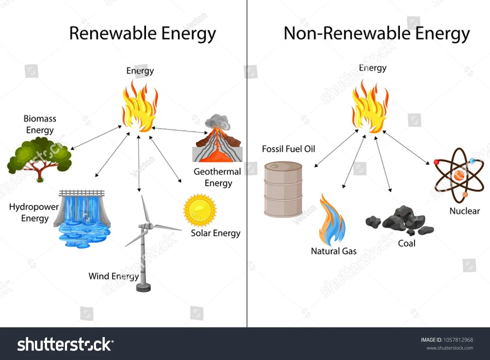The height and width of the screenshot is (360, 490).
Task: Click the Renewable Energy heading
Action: tap(142, 34)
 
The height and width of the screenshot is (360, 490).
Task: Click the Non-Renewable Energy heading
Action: tap(376, 34)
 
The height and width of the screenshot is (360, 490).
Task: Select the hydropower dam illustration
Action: tap(83, 217)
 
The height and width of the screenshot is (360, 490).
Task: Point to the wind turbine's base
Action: tap(143, 287)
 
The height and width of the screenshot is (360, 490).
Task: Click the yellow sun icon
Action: tap(200, 210)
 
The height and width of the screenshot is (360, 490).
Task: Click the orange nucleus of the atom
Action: tap(459, 175)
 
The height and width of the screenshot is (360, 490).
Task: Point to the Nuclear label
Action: tap(465, 211)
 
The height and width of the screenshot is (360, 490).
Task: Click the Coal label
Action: tap(407, 243)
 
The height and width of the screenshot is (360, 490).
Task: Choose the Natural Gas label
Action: tap(334, 251)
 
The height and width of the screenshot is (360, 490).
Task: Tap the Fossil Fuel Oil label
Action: tap(288, 149)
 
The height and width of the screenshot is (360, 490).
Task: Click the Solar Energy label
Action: tap(216, 233)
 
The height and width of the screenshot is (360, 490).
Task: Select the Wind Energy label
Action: tap(114, 276)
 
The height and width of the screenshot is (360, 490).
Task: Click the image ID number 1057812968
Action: tap(458, 340)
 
